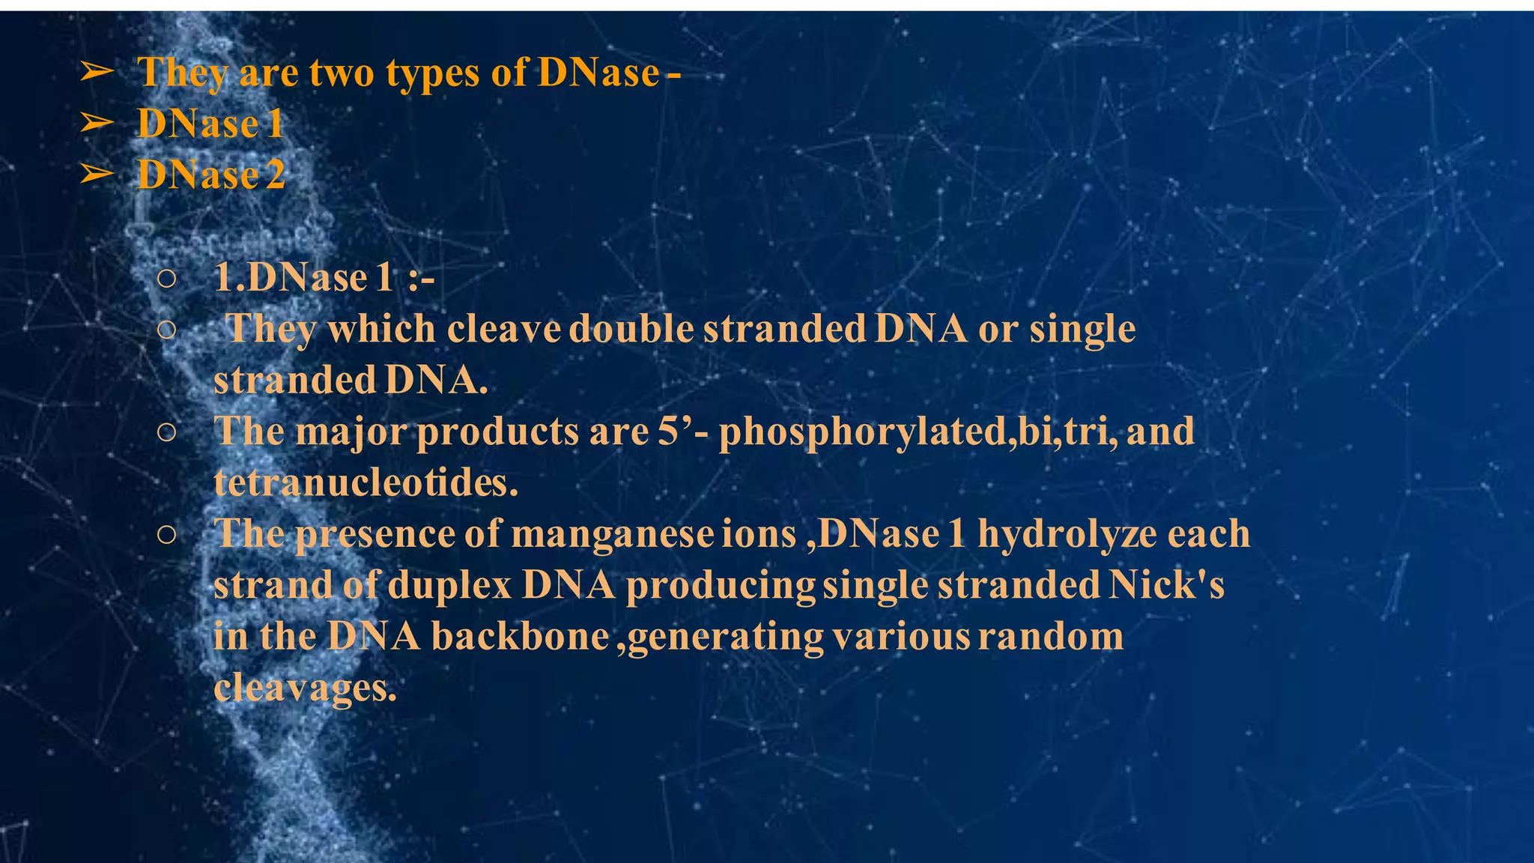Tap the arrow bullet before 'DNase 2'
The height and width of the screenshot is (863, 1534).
(97, 174)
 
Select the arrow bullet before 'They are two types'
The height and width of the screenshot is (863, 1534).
(97, 72)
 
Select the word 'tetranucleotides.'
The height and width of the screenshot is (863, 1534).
(366, 482)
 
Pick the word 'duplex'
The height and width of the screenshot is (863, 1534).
(449, 585)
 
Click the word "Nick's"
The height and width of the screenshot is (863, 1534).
(1166, 585)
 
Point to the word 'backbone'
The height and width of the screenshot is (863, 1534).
(520, 637)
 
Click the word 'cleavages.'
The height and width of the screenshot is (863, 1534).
(305, 688)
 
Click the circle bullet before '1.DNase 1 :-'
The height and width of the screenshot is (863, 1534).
(167, 279)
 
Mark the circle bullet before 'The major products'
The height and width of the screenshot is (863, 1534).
(167, 432)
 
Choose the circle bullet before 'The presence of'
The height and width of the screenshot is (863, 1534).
(167, 534)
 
